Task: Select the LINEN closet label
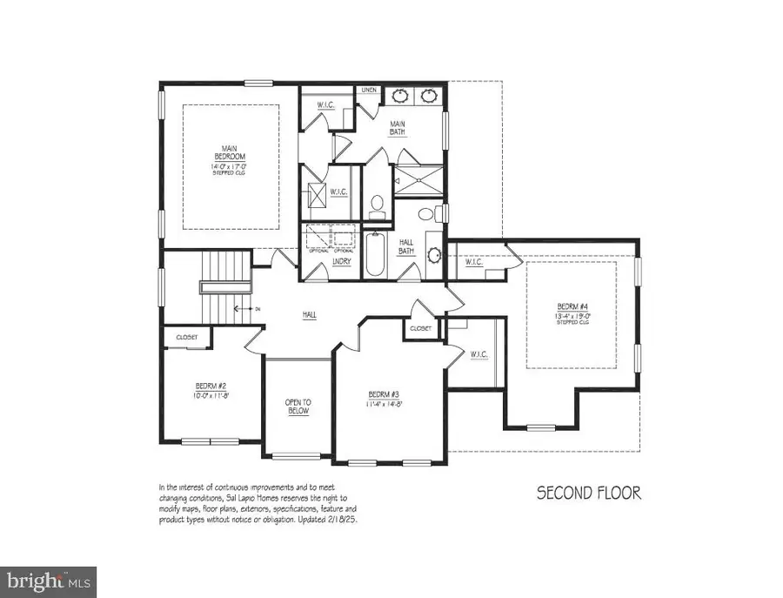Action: tap(369, 90)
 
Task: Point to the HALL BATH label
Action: tap(406, 247)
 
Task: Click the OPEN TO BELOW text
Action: tap(298, 406)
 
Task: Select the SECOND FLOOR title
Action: tap(588, 494)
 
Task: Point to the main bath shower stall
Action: tap(418, 178)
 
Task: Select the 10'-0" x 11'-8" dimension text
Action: tap(211, 395)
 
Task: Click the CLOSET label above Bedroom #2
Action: tap(187, 337)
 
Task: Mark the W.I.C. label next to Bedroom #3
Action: tap(478, 354)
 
